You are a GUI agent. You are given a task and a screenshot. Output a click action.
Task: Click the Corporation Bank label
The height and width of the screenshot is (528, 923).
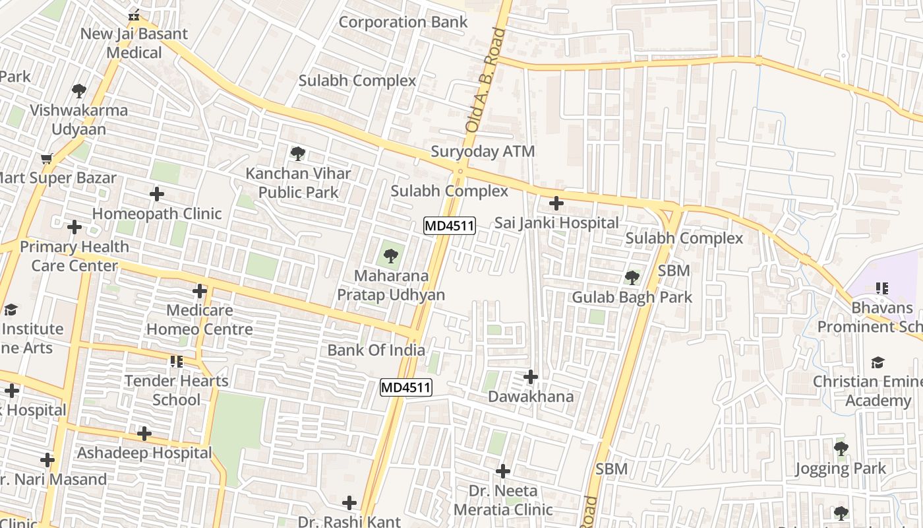tap(403, 22)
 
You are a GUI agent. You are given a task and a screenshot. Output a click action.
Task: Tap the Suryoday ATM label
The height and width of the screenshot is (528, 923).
tap(483, 152)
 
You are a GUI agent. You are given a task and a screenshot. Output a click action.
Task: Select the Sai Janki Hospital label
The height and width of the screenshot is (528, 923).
tap(556, 223)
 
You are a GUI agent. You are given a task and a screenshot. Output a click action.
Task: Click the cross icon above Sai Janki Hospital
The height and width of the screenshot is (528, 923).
tap(556, 203)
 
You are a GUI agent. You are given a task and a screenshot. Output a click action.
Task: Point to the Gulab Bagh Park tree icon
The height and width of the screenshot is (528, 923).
tap(632, 277)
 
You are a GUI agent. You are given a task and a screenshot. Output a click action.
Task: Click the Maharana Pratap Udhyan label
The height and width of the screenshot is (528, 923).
tap(391, 285)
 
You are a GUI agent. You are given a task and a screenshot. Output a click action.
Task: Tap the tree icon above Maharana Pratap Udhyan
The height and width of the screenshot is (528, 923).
tap(391, 255)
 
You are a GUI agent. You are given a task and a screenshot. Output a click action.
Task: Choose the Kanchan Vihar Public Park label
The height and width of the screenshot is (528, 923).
tap(298, 183)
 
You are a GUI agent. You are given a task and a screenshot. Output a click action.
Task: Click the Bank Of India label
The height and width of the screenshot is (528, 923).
tap(376, 350)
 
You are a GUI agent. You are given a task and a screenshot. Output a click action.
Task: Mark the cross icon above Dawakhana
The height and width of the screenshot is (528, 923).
tap(530, 377)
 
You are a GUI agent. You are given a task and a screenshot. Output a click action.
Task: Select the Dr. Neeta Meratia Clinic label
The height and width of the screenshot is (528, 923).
tap(503, 500)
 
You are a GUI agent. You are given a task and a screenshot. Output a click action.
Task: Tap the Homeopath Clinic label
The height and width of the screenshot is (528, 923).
tap(157, 214)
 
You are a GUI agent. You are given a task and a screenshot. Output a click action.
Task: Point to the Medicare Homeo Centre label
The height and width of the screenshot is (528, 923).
tap(199, 319)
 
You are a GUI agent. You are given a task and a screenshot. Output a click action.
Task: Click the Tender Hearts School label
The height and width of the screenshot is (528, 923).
tap(176, 390)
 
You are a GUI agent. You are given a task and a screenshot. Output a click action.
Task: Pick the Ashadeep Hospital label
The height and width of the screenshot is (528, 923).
tap(144, 453)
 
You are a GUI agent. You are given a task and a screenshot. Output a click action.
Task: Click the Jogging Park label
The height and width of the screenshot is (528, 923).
tap(840, 469)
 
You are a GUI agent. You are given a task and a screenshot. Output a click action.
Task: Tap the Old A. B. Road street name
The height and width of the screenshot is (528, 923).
tap(480, 79)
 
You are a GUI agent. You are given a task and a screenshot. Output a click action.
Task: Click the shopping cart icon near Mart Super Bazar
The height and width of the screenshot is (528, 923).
tap(46, 158)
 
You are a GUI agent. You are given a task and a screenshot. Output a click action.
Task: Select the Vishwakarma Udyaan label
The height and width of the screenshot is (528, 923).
tap(79, 119)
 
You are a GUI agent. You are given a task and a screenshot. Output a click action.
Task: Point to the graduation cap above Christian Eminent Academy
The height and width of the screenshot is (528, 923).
tap(878, 362)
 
